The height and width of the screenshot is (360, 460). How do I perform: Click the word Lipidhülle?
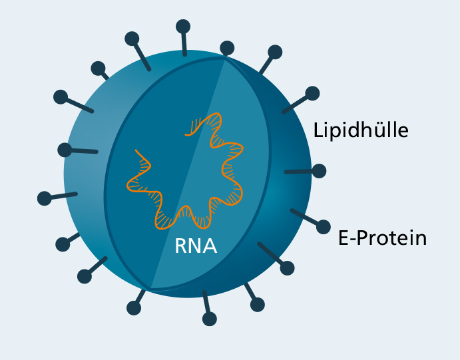click(x=361, y=130)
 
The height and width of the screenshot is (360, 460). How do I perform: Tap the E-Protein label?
click(x=383, y=238)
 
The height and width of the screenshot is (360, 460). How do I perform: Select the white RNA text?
click(x=196, y=246)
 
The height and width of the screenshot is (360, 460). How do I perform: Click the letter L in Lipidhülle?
click(x=318, y=130)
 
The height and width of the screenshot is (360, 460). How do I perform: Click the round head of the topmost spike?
click(x=183, y=27)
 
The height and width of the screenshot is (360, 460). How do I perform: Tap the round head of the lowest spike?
click(x=210, y=319)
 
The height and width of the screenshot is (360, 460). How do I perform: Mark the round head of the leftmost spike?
click(x=45, y=198)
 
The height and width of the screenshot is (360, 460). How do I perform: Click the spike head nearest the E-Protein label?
click(x=324, y=227)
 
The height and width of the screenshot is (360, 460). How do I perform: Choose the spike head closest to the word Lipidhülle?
click(x=312, y=94)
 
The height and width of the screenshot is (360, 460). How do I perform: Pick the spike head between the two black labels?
click(x=319, y=171)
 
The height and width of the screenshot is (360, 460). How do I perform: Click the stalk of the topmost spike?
click(x=184, y=44)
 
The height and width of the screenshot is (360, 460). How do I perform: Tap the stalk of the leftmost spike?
click(x=64, y=196)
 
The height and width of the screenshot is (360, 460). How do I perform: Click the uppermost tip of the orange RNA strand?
click(x=216, y=113)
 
